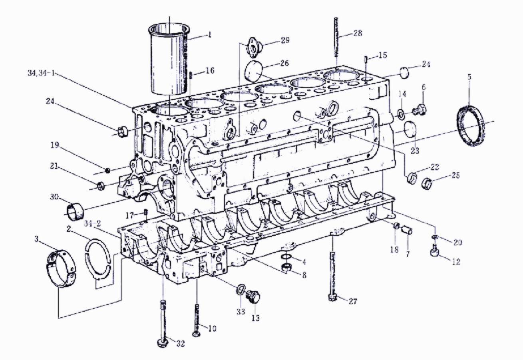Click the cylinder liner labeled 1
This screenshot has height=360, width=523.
pyautogui.click(x=170, y=60)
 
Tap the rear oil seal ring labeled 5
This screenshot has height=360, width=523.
pyautogui.click(x=470, y=126)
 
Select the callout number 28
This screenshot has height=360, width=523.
pyautogui.click(x=358, y=34)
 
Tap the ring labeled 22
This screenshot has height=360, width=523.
pyautogui.click(x=412, y=177)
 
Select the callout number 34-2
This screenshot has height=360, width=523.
pyautogui.click(x=95, y=225)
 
